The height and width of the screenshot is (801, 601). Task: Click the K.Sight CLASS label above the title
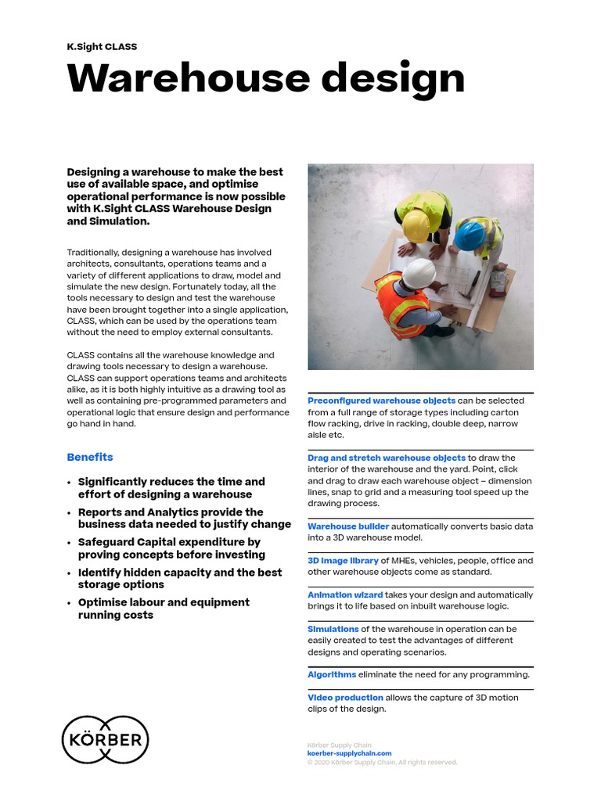pos(102,47)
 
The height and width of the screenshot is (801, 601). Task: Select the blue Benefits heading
pos(90,457)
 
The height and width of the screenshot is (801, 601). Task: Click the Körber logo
pos(105,739)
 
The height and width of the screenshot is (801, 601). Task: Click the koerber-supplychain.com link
pos(349,753)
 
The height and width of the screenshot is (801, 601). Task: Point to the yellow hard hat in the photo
pos(415,225)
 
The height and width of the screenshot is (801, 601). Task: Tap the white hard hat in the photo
pos(418,274)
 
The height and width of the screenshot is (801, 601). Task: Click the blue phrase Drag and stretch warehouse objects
pos(387,458)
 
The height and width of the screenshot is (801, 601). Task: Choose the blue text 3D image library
pos(343,561)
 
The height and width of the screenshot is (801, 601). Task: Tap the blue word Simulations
pos(333,629)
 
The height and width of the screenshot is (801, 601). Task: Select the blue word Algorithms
pos(332,674)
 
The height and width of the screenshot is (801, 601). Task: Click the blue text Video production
pos(345,698)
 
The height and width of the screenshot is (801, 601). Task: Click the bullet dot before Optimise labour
pos(70,603)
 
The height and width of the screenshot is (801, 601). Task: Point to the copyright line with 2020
pos(382,762)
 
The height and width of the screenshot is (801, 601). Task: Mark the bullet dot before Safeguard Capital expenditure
pos(70,543)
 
